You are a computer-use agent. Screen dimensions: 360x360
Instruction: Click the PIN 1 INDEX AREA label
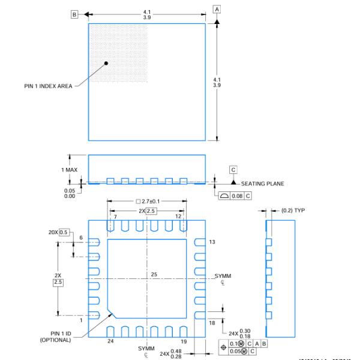(x=48, y=86)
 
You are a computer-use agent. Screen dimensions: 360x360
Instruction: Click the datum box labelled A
(x=217, y=9)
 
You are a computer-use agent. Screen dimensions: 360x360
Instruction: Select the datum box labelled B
(x=74, y=14)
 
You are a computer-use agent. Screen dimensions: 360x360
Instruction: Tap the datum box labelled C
(x=233, y=170)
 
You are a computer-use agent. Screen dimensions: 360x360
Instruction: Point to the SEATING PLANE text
(x=263, y=184)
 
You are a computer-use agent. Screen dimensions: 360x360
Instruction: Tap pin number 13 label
(x=212, y=242)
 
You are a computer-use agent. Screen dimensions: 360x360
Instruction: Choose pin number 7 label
(x=115, y=216)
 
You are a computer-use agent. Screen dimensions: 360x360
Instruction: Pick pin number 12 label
(x=178, y=216)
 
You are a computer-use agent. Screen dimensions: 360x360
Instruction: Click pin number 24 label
(x=110, y=341)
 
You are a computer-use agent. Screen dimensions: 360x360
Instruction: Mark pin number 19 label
(x=184, y=341)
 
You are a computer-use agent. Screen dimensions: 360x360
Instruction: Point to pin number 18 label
(x=212, y=323)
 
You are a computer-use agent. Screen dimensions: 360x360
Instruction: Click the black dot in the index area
(x=106, y=62)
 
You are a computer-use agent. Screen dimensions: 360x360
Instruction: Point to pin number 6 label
(x=80, y=238)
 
